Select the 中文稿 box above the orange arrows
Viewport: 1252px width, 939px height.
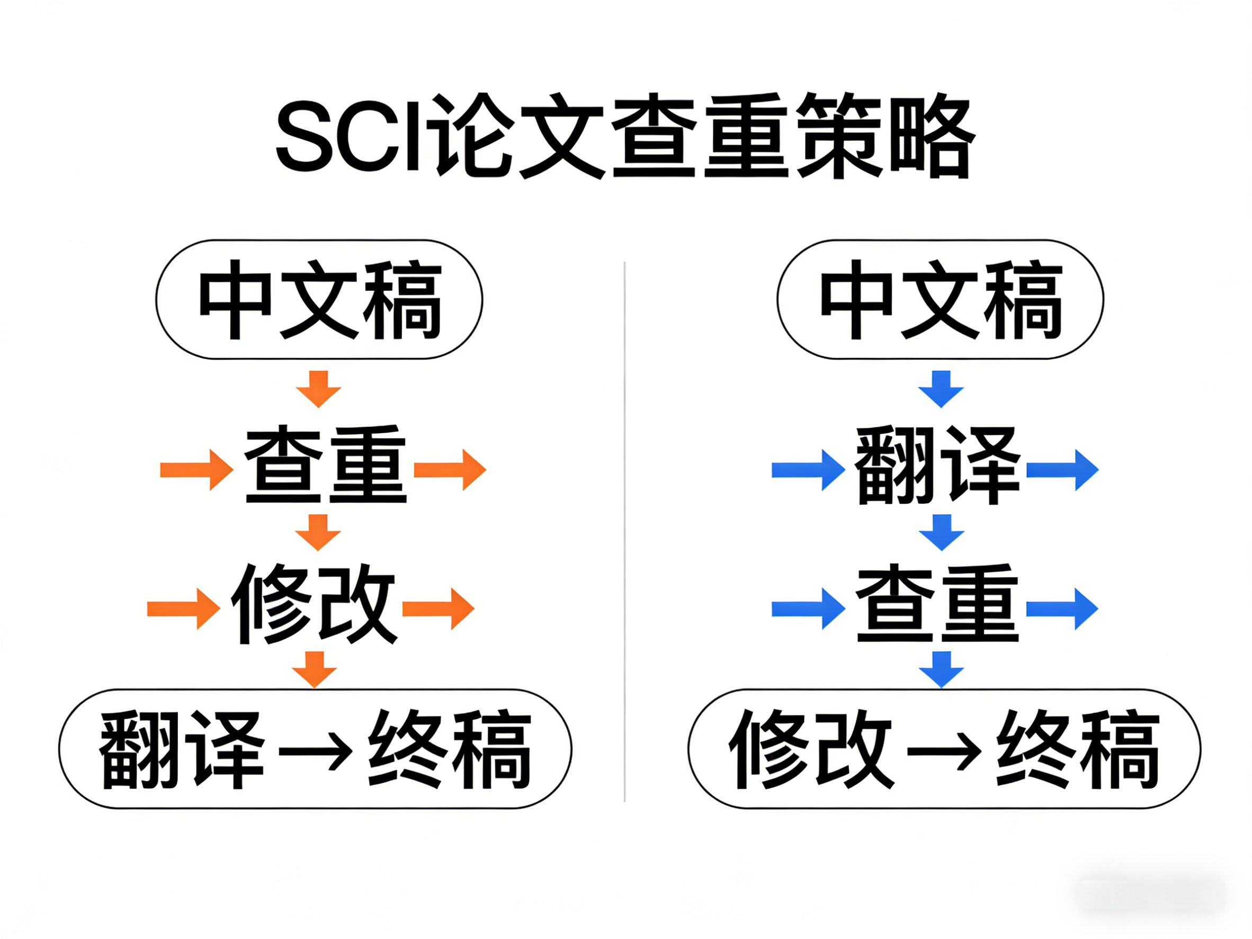coord(319,299)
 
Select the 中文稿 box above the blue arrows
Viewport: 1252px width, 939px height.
coord(940,299)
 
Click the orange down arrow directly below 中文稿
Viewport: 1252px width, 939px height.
coord(318,389)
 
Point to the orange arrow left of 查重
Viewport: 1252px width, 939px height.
coord(196,469)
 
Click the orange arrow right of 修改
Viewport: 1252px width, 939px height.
coord(437,609)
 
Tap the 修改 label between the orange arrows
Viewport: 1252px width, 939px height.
coord(314,603)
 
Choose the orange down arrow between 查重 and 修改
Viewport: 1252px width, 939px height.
coord(318,532)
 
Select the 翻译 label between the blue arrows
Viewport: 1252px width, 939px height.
coord(937,466)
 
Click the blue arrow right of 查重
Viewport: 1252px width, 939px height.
coord(1062,609)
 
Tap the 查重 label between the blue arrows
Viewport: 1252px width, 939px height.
coord(937,603)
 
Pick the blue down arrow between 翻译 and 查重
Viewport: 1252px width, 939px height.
coord(941,532)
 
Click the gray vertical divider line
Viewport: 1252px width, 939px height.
coord(624,532)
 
